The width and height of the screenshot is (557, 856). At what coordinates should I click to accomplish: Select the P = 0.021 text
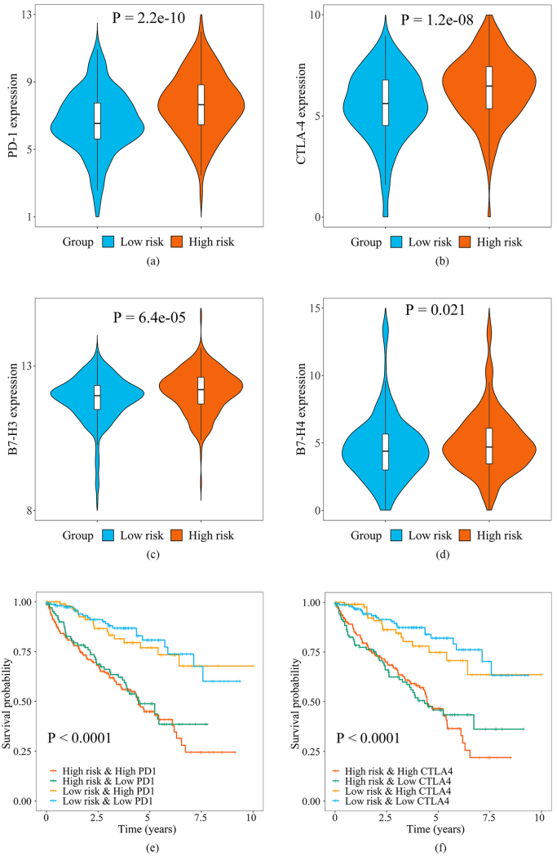(433, 311)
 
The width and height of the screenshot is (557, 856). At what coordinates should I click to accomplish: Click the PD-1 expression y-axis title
(15, 115)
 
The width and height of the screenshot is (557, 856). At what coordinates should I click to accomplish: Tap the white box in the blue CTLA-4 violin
(386, 103)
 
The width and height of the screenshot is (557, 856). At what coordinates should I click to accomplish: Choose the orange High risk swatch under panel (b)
(467, 242)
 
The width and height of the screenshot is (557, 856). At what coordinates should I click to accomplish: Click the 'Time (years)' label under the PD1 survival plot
(149, 830)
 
